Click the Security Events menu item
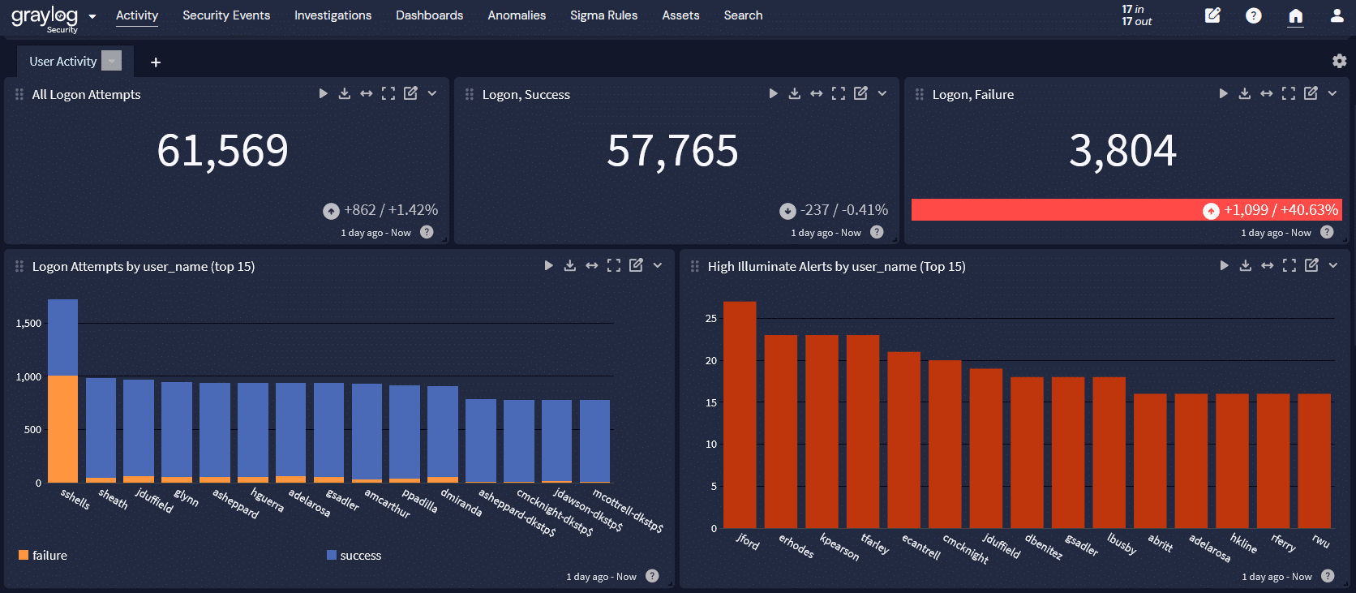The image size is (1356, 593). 226,15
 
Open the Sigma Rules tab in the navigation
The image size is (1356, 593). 603,15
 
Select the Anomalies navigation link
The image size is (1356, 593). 517,15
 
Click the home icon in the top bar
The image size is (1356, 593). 1295,15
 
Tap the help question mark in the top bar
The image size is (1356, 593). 1254,15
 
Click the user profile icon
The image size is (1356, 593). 1337,15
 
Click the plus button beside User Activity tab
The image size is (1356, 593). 156,62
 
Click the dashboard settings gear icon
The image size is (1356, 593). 1340,61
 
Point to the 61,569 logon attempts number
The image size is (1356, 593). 223,151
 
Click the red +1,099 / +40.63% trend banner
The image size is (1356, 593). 1126,210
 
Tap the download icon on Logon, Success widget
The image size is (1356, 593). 794,93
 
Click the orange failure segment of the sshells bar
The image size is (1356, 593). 63,429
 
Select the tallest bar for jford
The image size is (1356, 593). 740,415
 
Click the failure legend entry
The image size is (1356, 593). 43,556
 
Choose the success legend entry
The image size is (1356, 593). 354,556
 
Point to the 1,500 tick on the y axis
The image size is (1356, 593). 28,324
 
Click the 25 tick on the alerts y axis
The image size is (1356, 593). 711,319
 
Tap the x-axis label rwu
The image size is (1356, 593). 1320,541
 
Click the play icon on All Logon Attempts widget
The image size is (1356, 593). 324,93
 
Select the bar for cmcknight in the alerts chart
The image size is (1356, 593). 945,444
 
